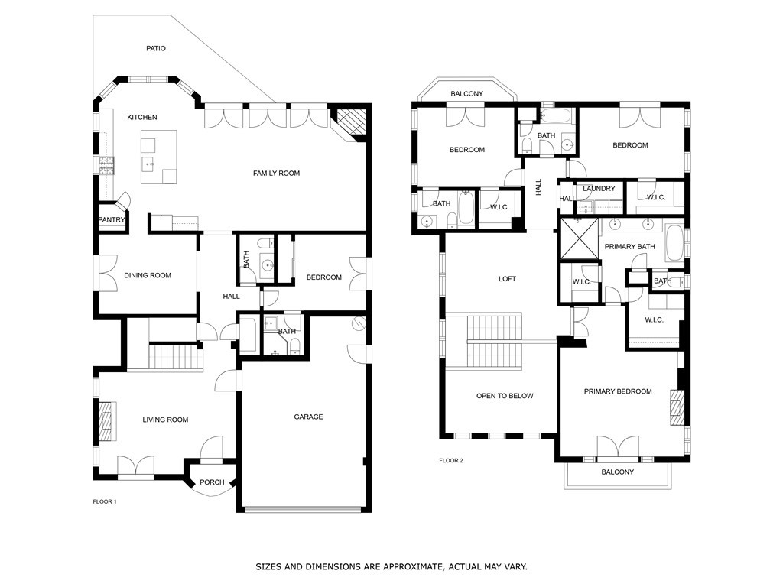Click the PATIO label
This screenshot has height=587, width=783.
click(156, 48)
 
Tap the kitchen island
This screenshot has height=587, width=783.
click(159, 157)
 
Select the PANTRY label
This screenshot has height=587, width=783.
click(112, 219)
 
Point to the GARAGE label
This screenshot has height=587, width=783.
click(308, 417)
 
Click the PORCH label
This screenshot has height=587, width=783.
click(212, 482)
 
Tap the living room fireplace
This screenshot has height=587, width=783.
click(106, 421)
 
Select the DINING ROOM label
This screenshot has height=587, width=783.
click(148, 275)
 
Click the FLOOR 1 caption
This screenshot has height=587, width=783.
click(104, 501)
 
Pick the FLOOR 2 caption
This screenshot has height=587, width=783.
click(451, 460)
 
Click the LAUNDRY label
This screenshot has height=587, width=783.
click(599, 189)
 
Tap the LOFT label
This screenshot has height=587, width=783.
click(508, 279)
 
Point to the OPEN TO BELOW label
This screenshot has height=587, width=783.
click(505, 396)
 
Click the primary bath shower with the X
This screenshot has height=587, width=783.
click(580, 238)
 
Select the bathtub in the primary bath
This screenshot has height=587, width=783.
click(674, 244)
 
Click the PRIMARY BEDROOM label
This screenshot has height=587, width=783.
click(618, 391)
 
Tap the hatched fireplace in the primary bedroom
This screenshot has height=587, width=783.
click(677, 407)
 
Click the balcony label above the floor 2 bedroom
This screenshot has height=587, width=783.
click(467, 94)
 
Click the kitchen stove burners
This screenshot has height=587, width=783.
click(106, 166)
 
